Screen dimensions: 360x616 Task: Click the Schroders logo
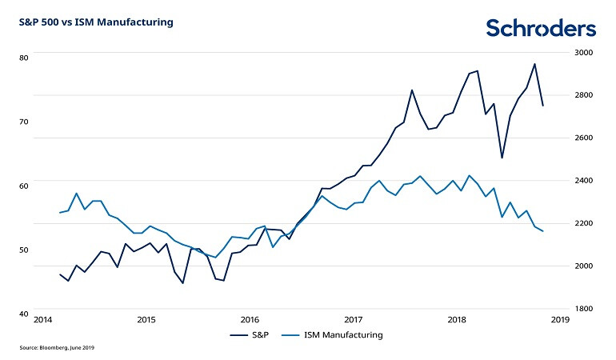click(x=541, y=29)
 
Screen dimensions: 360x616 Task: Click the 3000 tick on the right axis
click(x=583, y=53)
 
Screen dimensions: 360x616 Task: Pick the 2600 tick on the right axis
click(x=583, y=138)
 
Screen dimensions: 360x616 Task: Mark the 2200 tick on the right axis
click(x=583, y=223)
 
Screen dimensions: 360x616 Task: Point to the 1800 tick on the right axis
click(x=583, y=308)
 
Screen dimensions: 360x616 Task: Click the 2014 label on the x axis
click(x=44, y=320)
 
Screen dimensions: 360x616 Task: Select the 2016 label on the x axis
click(x=250, y=320)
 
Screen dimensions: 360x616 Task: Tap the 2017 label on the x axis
click(x=353, y=320)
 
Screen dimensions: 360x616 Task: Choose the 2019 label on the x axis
click(x=559, y=320)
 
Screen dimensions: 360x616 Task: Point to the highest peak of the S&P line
click(x=534, y=64)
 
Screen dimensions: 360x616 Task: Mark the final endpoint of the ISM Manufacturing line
click(x=543, y=231)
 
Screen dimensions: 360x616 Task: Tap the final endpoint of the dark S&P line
click(x=543, y=106)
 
